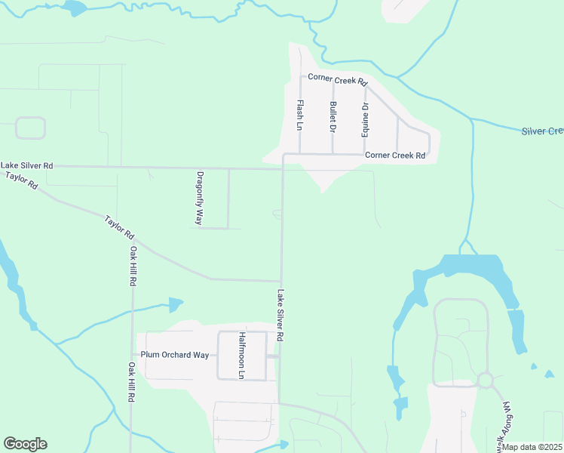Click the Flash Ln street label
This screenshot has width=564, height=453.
[x=300, y=114]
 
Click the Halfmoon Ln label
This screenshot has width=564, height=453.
[x=242, y=355]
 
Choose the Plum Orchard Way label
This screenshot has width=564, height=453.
[x=174, y=355]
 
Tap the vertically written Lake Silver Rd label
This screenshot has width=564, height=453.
[x=280, y=315]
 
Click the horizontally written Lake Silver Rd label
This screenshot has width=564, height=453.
[x=27, y=165]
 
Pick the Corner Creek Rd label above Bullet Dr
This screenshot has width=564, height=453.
[x=336, y=81]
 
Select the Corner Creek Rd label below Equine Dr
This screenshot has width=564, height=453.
[x=395, y=156]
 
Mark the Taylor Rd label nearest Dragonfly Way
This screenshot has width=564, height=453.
[x=119, y=223]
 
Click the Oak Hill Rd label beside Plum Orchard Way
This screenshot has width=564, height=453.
[x=131, y=382]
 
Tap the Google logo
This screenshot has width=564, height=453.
[x=25, y=444]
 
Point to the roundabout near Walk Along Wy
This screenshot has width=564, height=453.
[x=485, y=380]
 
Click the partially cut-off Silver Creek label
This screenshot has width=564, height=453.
[x=542, y=131]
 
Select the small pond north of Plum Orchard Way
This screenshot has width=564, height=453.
[x=176, y=304]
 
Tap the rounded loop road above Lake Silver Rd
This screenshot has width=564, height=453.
[x=31, y=128]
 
